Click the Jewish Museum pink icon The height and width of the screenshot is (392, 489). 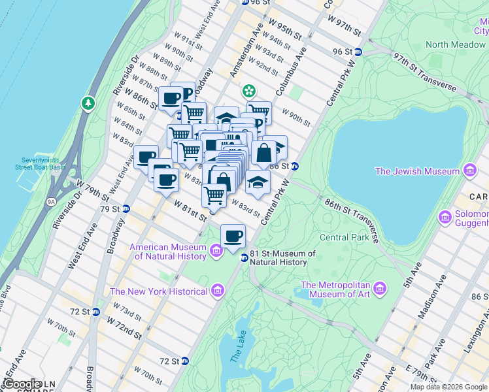(x=469, y=171)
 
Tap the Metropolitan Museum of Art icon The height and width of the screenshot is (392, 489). (x=379, y=288)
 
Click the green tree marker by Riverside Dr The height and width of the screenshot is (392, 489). (x=87, y=103)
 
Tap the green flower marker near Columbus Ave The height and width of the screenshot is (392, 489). (x=248, y=91)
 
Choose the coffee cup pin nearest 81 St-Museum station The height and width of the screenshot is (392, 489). (x=233, y=236)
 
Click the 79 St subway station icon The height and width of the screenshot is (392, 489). (x=126, y=209)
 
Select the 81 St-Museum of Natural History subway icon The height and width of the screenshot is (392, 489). (x=244, y=257)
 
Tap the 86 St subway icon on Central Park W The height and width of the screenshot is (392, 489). (x=295, y=166)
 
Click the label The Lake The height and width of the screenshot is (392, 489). (x=239, y=353)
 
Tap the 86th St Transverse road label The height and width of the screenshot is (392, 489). (x=354, y=216)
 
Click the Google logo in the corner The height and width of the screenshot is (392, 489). (x=22, y=384)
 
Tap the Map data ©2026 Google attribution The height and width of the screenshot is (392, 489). (x=448, y=387)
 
